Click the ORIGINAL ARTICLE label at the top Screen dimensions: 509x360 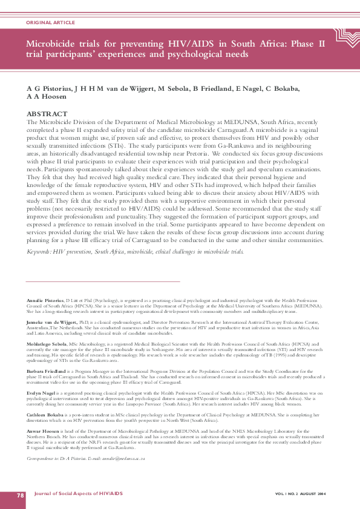coord(51,22)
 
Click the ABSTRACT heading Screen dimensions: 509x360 coord(48,114)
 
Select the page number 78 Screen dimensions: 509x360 coord(21,495)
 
